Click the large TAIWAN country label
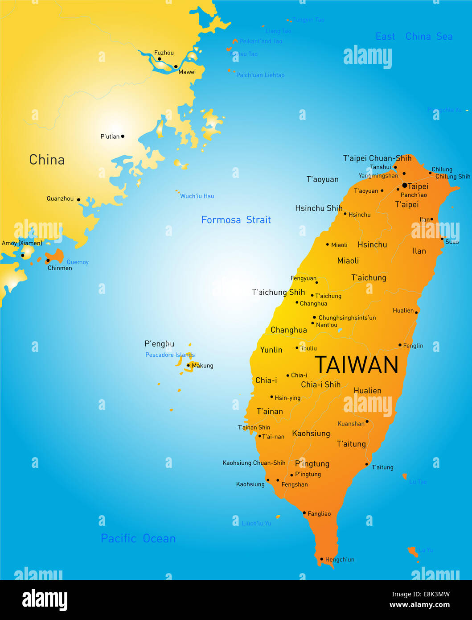tap(357, 365)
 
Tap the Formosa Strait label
tap(236, 220)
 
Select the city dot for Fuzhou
tap(159, 59)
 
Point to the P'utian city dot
tap(123, 136)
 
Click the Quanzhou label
tap(60, 199)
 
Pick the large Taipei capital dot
tap(405, 185)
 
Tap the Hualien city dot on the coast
tap(416, 313)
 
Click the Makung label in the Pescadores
tap(202, 366)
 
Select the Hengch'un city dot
tap(321, 559)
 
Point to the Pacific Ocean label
tap(138, 538)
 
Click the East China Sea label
tap(414, 37)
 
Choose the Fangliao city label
tap(319, 514)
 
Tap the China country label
tap(47, 160)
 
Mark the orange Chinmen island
tap(55, 256)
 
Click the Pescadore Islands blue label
tap(170, 355)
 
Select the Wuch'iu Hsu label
tap(197, 196)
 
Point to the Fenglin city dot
tap(400, 345)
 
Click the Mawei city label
tap(187, 72)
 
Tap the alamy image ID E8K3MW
tap(421, 594)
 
